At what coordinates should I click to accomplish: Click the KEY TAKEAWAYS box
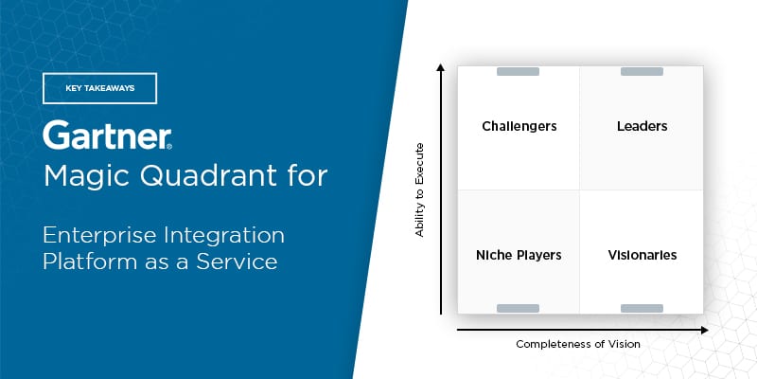tap(100, 88)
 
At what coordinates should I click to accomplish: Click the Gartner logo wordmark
tap(107, 135)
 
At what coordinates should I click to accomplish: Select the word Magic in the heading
tap(85, 177)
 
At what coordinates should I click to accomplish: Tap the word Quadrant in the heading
tap(205, 177)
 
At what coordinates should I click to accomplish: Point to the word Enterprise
tap(99, 236)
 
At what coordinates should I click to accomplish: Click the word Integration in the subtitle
tap(224, 237)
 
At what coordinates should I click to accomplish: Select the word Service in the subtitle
tap(237, 262)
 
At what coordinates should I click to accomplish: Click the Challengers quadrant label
tap(519, 127)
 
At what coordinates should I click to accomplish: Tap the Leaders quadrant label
tap(643, 126)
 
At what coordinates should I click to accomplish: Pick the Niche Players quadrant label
tap(519, 255)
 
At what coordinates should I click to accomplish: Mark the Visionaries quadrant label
tap(643, 255)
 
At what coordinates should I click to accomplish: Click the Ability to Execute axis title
tap(419, 189)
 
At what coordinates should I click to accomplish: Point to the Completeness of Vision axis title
tap(578, 344)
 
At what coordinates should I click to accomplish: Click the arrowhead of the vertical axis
tap(440, 67)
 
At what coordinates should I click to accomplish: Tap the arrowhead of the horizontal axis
tap(704, 330)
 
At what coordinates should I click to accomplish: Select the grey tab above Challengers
tap(518, 72)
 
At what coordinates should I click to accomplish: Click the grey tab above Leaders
tap(642, 72)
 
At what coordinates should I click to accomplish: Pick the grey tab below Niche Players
tap(518, 309)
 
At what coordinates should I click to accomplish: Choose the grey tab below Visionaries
tap(642, 309)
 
